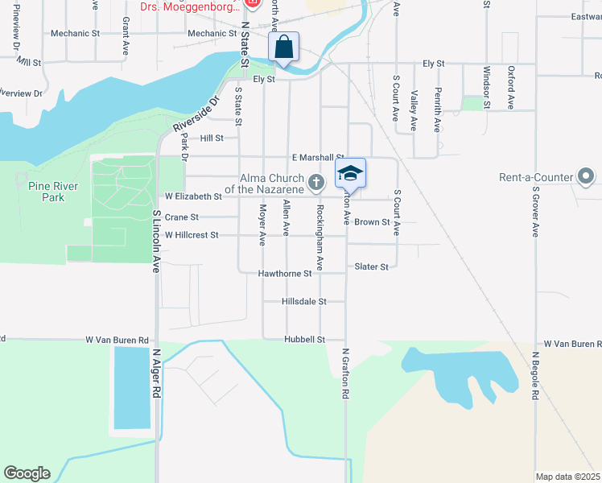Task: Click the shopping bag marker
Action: [284, 47]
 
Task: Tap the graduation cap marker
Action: [350, 173]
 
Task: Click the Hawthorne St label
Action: [285, 274]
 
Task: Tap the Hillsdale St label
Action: [304, 301]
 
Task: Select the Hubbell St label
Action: [304, 340]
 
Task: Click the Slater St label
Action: [372, 266]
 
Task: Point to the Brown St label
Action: [372, 222]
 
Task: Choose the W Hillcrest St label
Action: [192, 235]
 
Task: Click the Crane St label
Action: [181, 217]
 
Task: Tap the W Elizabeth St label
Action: [193, 196]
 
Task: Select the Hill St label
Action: [212, 138]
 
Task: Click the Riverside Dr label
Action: [195, 116]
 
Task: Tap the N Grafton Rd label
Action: [345, 374]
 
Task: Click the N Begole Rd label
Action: [535, 376]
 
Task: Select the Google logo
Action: [27, 473]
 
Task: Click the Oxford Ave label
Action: [511, 88]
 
